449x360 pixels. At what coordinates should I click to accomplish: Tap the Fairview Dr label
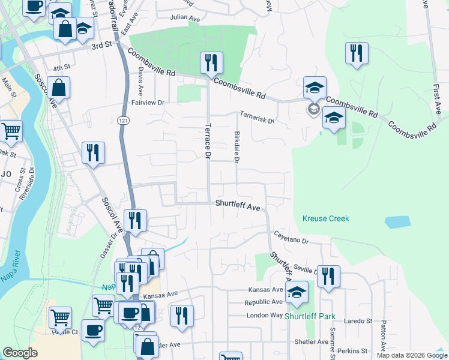148,103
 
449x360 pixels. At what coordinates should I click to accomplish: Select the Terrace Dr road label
208,142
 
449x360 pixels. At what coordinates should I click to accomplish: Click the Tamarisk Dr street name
257,116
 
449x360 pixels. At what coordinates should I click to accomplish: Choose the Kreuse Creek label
325,218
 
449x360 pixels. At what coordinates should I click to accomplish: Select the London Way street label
264,314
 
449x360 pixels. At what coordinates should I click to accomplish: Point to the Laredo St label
358,321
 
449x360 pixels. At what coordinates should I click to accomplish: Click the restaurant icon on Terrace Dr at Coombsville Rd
211,62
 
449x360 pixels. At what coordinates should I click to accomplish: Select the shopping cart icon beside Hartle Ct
60,317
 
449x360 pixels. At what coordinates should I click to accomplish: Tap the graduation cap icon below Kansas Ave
297,292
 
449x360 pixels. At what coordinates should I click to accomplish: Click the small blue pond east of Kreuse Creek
397,221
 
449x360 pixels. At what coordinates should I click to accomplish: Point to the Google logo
20,353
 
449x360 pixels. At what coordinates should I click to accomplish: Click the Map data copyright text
412,355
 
